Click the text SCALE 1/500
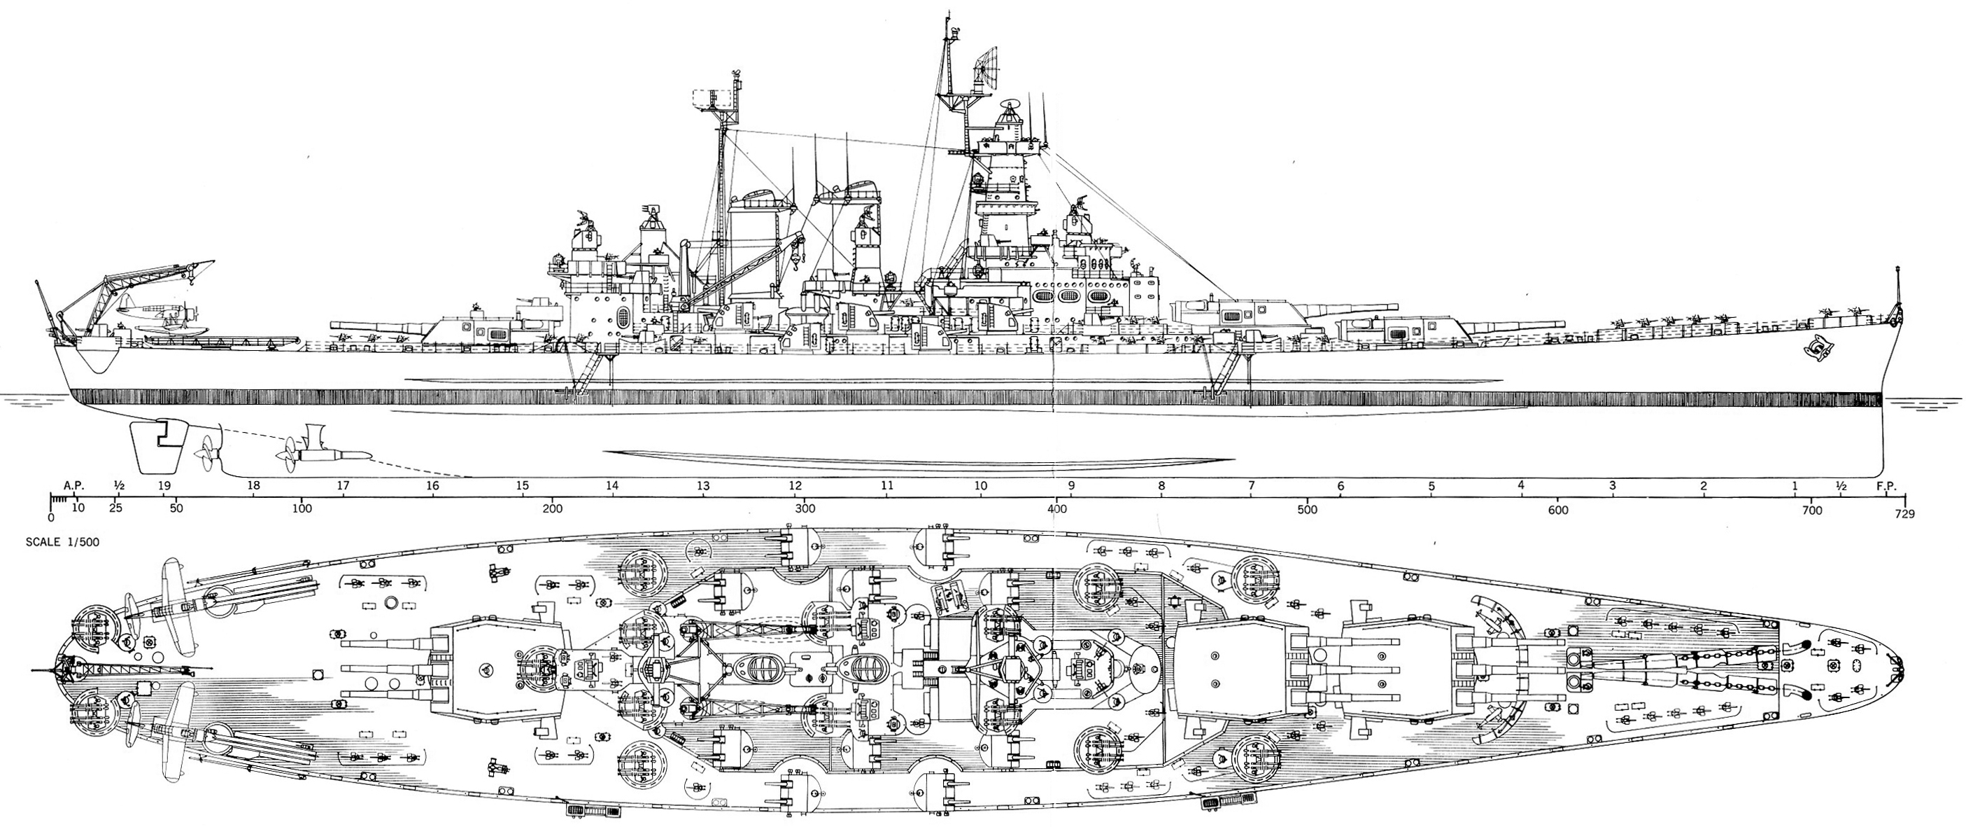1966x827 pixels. pos(62,542)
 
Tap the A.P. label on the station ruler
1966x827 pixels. pos(73,486)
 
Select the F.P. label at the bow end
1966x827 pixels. pos(1886,486)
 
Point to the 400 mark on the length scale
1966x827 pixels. pos(1056,509)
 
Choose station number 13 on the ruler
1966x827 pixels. pos(702,486)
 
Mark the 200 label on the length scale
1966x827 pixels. pos(553,509)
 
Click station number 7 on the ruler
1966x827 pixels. pos(1251,486)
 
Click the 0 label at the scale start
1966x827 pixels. pos(50,517)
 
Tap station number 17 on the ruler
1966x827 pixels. pos(343,486)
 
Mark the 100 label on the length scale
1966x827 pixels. pos(302,509)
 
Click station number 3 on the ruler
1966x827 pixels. pos(1613,486)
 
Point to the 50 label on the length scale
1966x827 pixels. pos(176,509)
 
